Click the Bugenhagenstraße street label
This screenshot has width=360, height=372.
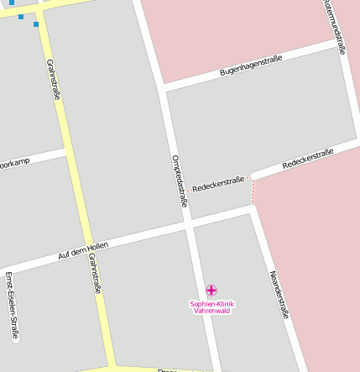click(251, 65)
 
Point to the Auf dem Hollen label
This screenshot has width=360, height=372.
click(83, 249)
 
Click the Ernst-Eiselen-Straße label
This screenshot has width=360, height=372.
click(11, 306)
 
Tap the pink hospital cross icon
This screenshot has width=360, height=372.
click(211, 290)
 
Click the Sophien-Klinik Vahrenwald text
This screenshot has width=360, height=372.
click(211, 307)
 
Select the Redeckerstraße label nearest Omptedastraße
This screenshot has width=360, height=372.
click(218, 183)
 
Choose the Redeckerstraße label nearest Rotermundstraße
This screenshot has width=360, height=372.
click(308, 158)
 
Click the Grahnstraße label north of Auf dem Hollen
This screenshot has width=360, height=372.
click(54, 80)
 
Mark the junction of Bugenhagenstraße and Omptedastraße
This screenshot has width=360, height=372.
click(162, 87)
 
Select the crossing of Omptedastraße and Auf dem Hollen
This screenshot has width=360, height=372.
click(190, 223)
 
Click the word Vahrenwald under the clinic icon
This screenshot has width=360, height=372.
click(211, 311)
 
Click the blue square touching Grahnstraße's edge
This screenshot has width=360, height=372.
click(36, 24)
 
